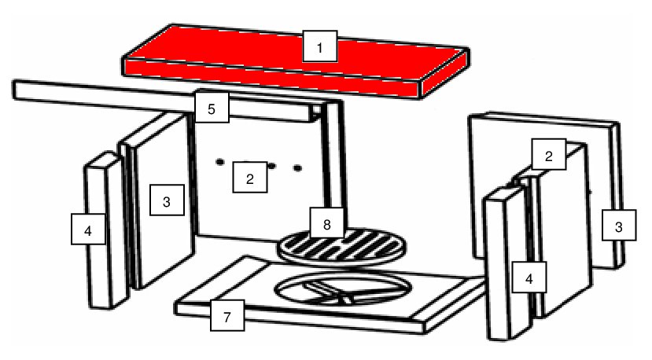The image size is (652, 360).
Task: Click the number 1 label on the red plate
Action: click(x=320, y=46)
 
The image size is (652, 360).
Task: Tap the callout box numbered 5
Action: click(x=212, y=108)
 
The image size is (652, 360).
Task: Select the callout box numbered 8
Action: click(x=327, y=223)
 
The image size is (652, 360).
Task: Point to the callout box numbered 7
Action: click(x=227, y=315)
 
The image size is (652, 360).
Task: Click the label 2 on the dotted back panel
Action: click(x=250, y=177)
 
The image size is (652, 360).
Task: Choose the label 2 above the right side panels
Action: click(x=549, y=154)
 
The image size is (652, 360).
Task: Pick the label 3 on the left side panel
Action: click(x=167, y=200)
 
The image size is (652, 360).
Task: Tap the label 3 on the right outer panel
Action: click(x=619, y=226)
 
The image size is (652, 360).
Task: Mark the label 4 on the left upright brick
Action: click(x=88, y=229)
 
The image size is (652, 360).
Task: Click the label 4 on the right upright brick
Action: click(x=529, y=277)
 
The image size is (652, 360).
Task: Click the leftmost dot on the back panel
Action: click(x=220, y=162)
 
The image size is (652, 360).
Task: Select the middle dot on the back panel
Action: click(x=271, y=166)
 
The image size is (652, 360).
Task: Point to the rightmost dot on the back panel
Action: click(x=298, y=168)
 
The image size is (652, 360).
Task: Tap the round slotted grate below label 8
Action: click(x=342, y=248)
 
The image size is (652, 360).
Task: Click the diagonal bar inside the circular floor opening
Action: click(x=329, y=291)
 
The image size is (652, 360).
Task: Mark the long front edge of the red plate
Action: click(x=272, y=77)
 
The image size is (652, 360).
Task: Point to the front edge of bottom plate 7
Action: click(x=300, y=318)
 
